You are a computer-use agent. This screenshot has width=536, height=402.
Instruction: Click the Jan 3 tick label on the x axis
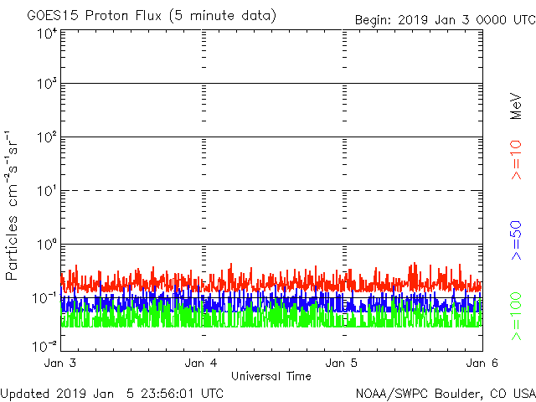60,363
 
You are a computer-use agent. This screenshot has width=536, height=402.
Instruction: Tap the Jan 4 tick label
202,363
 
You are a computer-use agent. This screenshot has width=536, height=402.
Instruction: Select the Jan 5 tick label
343,363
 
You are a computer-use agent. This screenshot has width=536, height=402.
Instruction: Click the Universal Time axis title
271,376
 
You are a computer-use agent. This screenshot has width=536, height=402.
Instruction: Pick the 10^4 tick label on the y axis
46,33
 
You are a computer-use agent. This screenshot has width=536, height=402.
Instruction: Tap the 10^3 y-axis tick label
46,85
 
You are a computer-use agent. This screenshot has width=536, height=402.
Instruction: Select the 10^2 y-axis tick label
46,138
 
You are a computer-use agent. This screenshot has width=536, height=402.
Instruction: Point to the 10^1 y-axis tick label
46,192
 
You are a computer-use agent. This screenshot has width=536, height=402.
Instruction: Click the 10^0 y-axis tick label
46,245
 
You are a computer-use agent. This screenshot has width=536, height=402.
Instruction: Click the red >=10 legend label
517,160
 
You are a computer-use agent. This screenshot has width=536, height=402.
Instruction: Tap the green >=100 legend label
517,316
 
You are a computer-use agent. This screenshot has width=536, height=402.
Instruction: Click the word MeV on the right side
517,106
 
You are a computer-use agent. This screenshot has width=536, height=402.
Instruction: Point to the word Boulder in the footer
448,393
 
